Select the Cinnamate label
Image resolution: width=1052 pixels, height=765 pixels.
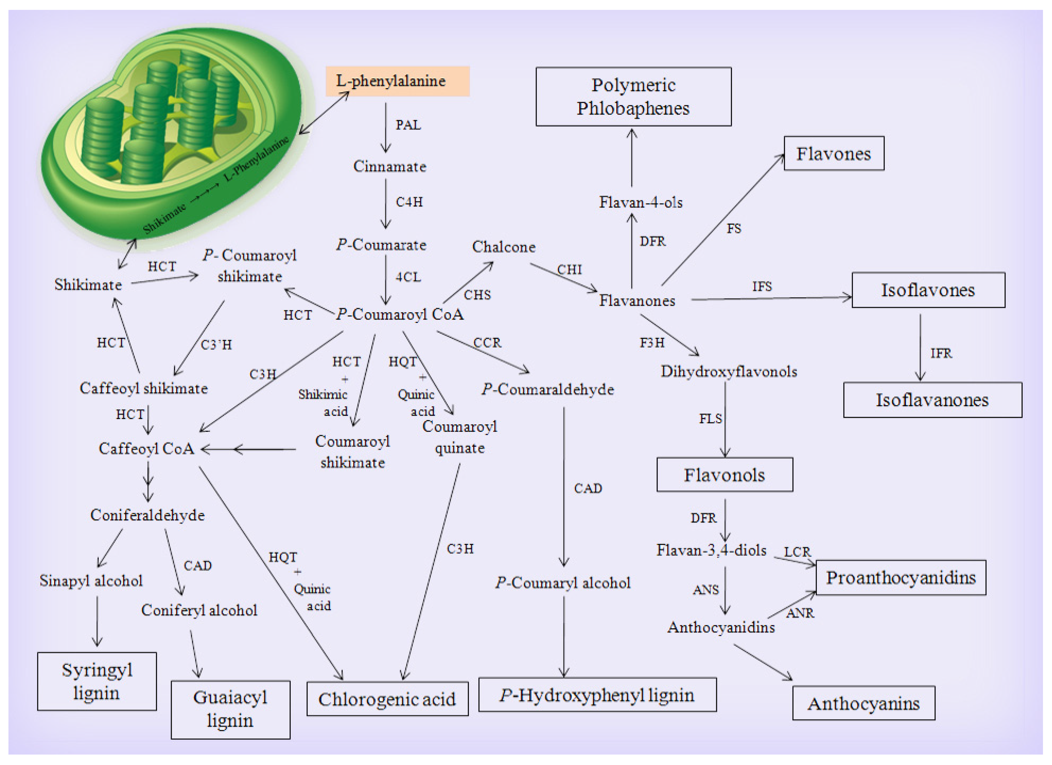pyautogui.click(x=390, y=166)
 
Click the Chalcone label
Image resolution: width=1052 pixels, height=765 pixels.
pyautogui.click(x=504, y=247)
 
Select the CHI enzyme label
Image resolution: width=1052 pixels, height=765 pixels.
pyautogui.click(x=569, y=270)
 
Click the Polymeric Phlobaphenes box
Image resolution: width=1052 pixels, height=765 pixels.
pyautogui.click(x=633, y=96)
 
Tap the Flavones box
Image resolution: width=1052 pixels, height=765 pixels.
pyautogui.click(x=833, y=153)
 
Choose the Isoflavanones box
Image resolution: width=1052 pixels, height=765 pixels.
pyautogui.click(x=932, y=400)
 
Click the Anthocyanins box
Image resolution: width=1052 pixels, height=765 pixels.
pyautogui.click(x=863, y=703)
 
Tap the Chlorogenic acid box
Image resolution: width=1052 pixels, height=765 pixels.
pyautogui.click(x=387, y=699)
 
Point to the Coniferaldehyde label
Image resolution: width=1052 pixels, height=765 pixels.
pyautogui.click(x=147, y=515)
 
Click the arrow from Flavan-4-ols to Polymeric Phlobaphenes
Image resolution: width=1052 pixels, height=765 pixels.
pyautogui.click(x=632, y=158)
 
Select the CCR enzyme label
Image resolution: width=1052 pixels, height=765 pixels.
pyautogui.click(x=487, y=343)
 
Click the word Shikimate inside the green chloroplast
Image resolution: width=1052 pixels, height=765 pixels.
pyautogui.click(x=165, y=219)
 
